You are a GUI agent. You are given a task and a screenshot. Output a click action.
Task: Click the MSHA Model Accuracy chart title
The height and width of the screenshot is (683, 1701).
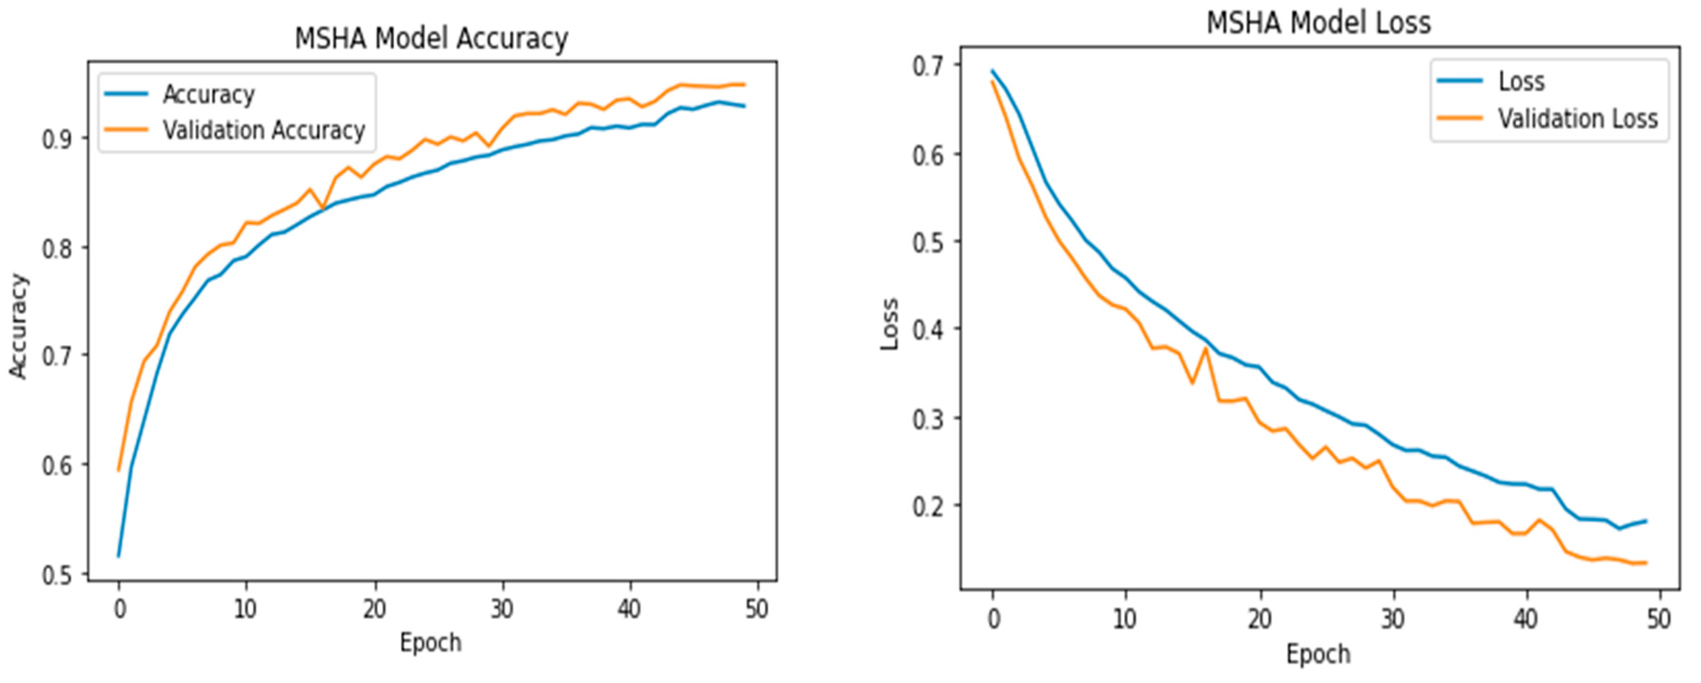click(x=430, y=38)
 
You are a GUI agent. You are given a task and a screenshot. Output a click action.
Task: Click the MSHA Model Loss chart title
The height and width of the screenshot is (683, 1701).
click(x=1318, y=23)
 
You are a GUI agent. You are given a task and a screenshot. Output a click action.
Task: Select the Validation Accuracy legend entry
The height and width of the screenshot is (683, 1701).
click(x=264, y=130)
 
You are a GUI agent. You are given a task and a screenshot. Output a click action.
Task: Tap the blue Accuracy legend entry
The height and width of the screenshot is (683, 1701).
click(x=208, y=95)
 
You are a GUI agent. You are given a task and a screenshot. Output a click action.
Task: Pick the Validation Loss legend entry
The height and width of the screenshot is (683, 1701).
click(x=1578, y=119)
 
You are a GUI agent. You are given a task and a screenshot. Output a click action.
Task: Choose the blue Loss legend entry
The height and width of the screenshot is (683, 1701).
click(x=1521, y=81)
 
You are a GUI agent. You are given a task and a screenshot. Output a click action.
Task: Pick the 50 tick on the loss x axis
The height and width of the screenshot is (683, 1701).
click(x=1659, y=620)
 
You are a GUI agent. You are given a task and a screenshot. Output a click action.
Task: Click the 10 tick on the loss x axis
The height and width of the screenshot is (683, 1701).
click(x=1125, y=620)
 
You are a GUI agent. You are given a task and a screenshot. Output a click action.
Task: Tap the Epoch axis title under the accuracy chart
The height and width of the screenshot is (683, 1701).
click(x=430, y=643)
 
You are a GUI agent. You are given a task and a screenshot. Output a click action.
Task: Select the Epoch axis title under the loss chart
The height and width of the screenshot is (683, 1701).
click(x=1318, y=654)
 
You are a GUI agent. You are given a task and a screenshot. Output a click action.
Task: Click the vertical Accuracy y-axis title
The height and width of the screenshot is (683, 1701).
click(x=19, y=326)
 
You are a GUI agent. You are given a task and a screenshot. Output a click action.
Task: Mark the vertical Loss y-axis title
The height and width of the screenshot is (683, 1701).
click(x=890, y=324)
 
